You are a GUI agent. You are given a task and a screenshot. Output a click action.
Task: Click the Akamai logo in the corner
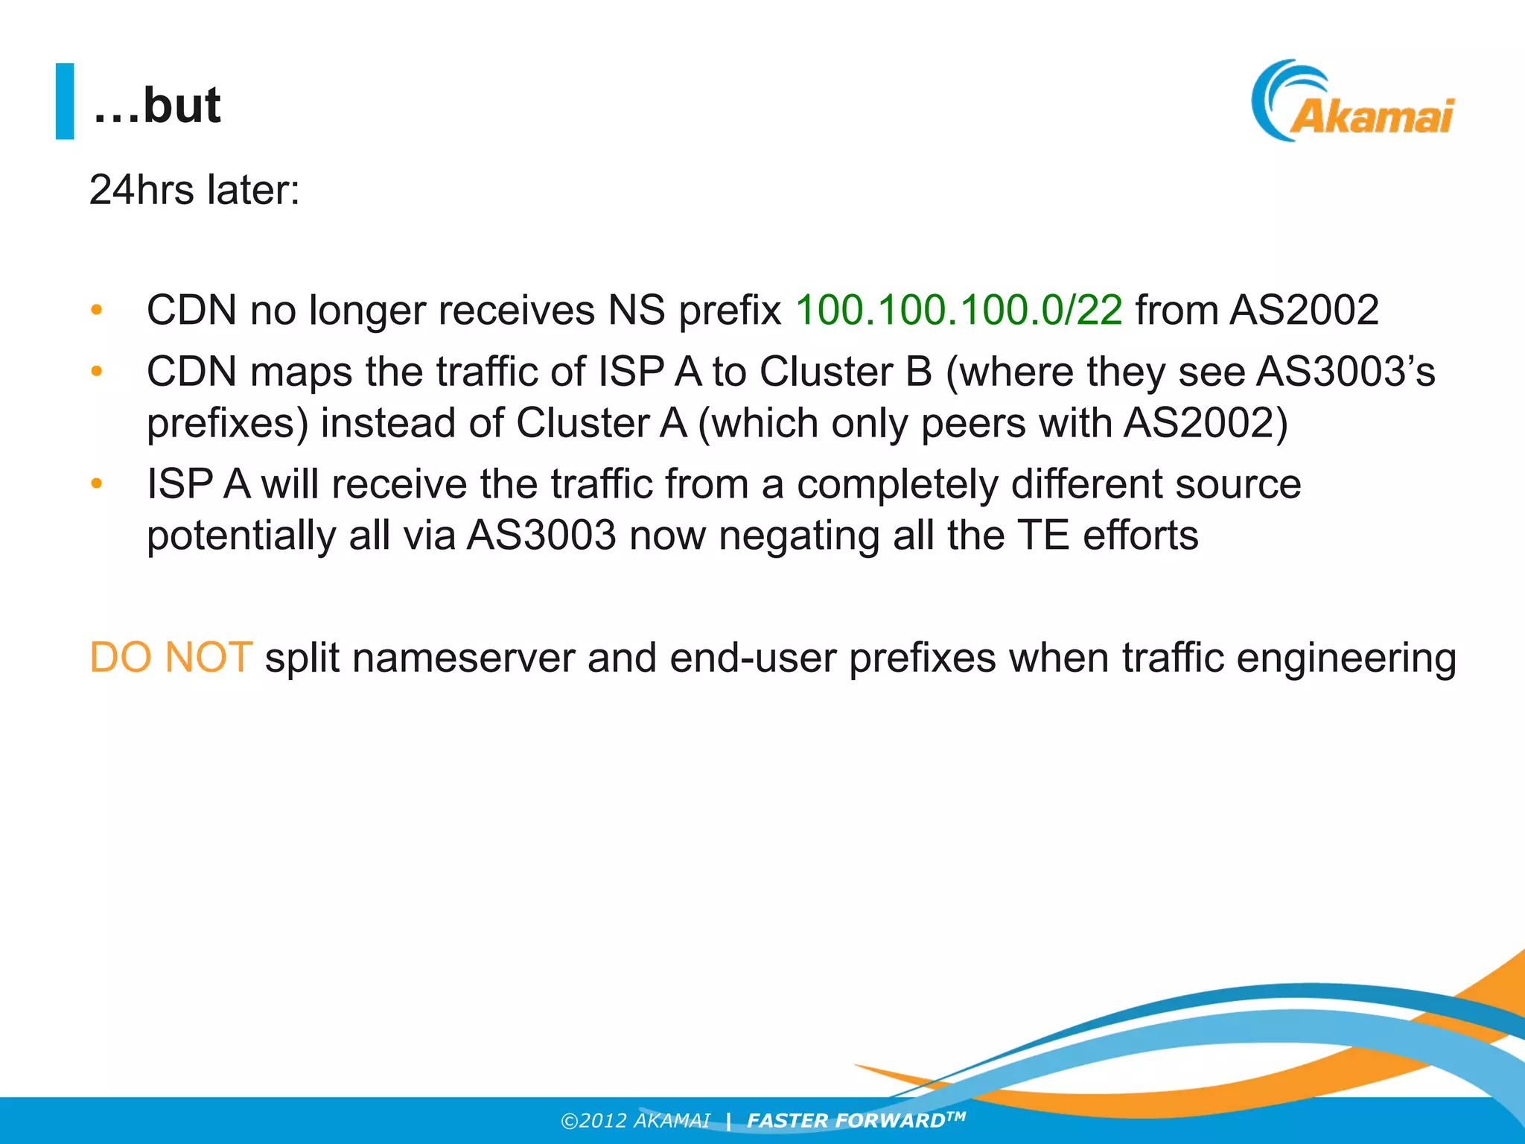[1352, 102]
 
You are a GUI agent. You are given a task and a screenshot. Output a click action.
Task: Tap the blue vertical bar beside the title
[65, 101]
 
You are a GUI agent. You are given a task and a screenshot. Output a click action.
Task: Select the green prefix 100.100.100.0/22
[958, 310]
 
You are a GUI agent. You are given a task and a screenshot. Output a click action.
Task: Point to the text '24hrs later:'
[194, 190]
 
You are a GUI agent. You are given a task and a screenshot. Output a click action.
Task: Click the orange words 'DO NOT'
[171, 658]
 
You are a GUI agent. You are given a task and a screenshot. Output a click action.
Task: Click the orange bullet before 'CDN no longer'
[96, 310]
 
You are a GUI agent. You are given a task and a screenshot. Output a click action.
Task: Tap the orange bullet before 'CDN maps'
[96, 371]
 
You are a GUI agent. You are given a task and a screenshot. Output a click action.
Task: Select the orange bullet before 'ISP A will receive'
[96, 484]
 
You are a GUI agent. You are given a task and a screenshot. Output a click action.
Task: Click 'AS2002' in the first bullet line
[1304, 310]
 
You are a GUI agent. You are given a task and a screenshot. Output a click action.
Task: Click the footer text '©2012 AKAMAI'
[635, 1121]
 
